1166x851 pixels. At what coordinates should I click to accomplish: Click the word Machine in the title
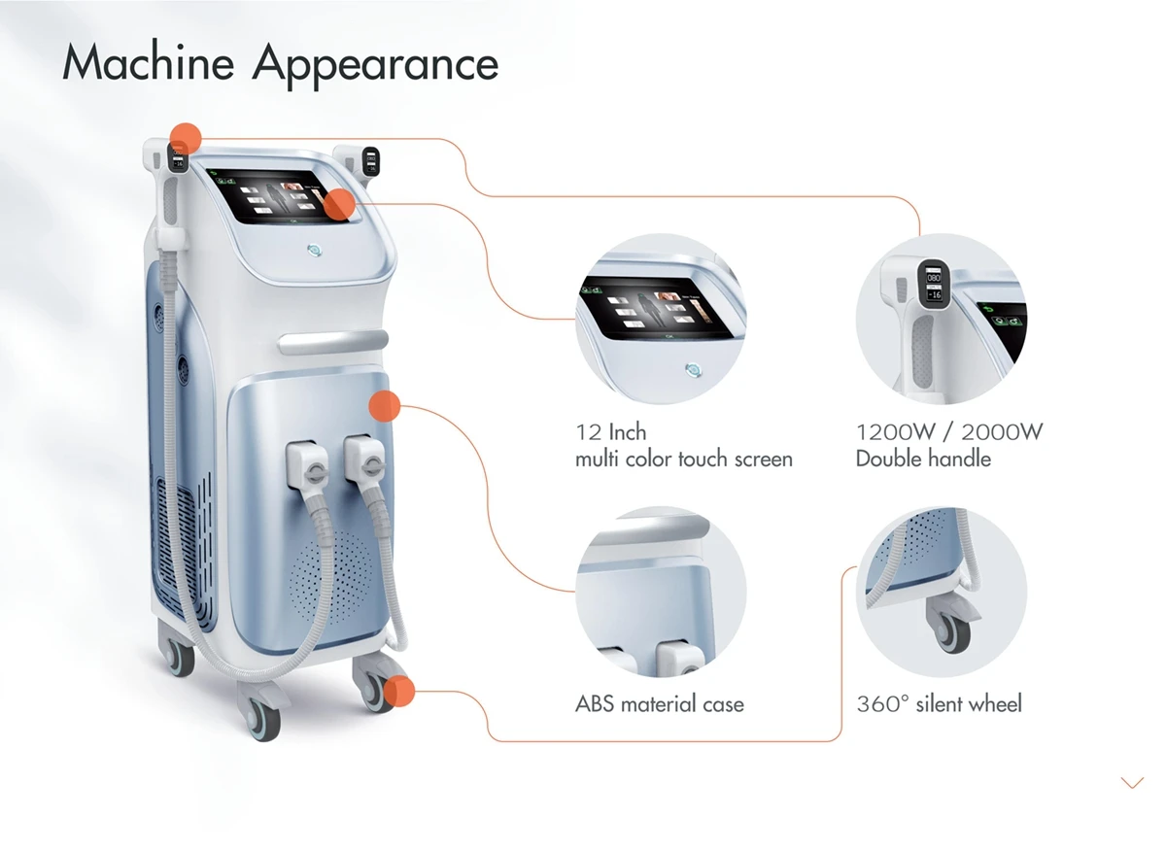(148, 62)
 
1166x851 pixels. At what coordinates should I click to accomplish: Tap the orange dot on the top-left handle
(186, 139)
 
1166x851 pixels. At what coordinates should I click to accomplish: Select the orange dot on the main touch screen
(339, 205)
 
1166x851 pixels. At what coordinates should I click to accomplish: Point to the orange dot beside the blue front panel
(385, 406)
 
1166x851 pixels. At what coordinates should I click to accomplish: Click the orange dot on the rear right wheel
(398, 691)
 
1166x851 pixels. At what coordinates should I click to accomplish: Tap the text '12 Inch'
(610, 432)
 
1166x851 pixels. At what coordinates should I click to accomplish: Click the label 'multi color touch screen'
(683, 460)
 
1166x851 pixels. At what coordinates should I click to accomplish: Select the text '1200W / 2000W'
(949, 432)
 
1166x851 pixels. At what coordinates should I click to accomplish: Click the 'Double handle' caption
(923, 459)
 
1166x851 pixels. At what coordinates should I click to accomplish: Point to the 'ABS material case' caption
(660, 703)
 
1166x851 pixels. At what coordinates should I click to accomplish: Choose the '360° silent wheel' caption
(940, 703)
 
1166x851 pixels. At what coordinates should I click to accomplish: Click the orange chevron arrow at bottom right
(1132, 782)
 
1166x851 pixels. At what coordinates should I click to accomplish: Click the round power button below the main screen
(314, 251)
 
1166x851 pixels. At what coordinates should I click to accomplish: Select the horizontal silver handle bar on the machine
(333, 341)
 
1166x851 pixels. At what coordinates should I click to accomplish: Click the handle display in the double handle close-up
(934, 281)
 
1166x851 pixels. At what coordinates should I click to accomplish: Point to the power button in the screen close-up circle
(694, 369)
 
